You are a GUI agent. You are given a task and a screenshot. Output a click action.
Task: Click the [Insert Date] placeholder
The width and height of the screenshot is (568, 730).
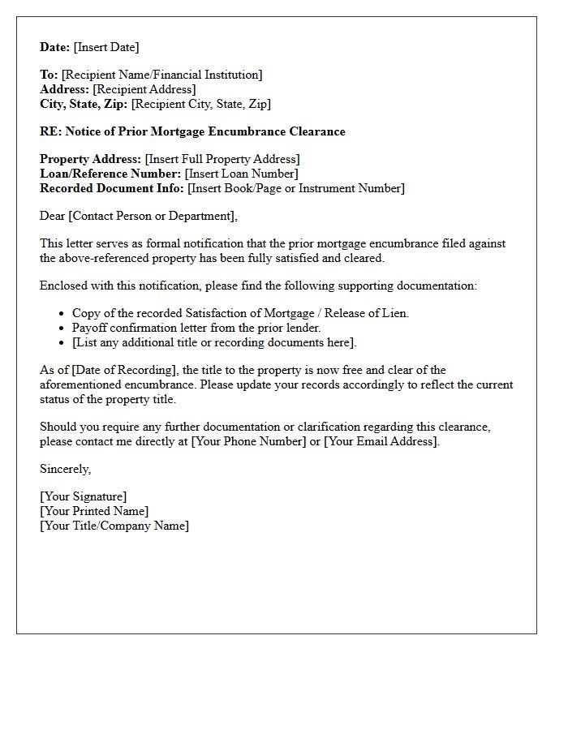(106, 47)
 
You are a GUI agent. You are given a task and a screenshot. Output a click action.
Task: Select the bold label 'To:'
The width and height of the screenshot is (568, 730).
(49, 75)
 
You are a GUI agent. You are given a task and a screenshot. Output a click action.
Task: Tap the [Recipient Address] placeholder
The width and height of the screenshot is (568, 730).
(144, 89)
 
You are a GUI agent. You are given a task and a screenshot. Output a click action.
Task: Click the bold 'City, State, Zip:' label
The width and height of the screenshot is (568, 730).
(84, 104)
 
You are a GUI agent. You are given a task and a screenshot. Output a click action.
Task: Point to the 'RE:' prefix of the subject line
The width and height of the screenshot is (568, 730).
(50, 131)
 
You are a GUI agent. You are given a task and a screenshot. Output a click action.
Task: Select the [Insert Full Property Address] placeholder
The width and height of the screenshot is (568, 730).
(222, 159)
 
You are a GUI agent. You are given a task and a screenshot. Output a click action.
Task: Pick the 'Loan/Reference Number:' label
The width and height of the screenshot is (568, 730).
(110, 174)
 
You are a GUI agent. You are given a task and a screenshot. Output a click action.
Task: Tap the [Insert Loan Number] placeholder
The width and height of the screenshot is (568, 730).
(241, 174)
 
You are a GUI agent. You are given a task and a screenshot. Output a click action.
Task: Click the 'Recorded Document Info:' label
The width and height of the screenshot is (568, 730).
(112, 188)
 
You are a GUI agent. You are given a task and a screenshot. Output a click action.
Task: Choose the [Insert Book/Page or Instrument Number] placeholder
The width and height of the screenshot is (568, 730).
(296, 188)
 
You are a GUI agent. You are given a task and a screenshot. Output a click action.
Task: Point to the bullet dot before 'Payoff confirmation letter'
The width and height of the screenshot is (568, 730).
(62, 328)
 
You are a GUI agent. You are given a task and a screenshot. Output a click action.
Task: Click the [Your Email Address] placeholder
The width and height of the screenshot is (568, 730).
(381, 441)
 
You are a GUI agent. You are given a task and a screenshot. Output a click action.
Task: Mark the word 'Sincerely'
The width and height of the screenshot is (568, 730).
(65, 469)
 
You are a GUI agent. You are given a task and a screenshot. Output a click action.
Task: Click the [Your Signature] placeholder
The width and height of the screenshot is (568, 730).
(84, 496)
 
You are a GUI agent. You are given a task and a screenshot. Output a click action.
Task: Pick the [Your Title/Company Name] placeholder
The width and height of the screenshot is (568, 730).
(114, 526)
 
